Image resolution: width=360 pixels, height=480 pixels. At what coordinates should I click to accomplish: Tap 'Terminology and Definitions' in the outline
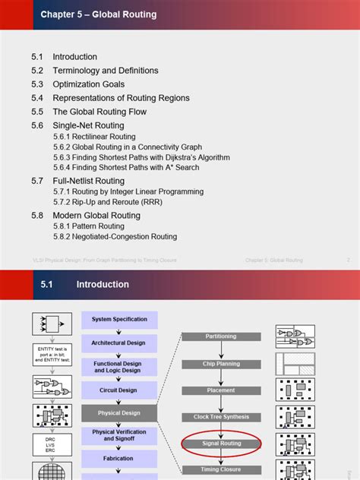105,71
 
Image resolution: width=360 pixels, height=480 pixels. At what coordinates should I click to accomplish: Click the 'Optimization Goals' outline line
88,84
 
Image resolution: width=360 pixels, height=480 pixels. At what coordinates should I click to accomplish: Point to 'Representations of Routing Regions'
121,98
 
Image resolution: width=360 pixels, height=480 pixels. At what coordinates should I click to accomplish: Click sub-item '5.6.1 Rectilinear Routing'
94,137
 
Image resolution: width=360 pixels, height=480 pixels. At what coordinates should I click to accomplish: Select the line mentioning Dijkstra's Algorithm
141,157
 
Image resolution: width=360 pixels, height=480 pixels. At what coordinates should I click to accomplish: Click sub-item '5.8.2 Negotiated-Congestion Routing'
115,237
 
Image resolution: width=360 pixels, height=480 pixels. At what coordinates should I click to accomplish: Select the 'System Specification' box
119,320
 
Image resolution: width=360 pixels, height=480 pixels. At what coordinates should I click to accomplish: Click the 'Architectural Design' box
119,343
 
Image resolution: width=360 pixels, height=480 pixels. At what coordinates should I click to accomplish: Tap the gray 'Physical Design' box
119,413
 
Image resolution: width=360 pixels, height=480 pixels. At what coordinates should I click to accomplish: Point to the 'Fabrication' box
119,459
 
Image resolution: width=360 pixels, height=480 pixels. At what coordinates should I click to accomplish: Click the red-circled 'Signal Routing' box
220,444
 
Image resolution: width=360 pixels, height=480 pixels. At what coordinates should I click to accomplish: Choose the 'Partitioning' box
220,336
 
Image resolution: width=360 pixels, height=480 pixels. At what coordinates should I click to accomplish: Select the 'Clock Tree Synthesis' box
220,417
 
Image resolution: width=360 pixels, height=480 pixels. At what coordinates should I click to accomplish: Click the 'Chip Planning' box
220,363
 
